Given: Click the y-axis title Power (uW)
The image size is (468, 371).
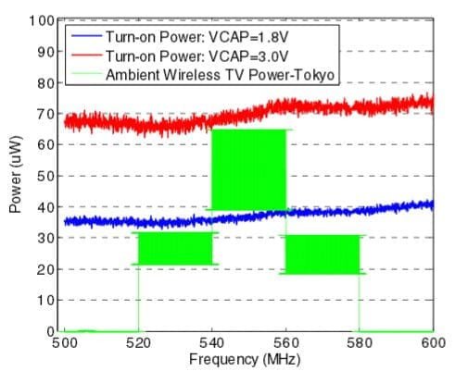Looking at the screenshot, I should pyautogui.click(x=17, y=176).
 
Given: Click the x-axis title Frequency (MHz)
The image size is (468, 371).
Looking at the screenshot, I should pyautogui.click(x=247, y=358).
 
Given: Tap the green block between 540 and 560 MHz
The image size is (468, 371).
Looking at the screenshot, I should pyautogui.click(x=248, y=169).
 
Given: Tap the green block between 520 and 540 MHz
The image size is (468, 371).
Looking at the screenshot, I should pyautogui.click(x=175, y=249).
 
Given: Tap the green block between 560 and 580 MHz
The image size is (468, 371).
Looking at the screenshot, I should pyautogui.click(x=322, y=254).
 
